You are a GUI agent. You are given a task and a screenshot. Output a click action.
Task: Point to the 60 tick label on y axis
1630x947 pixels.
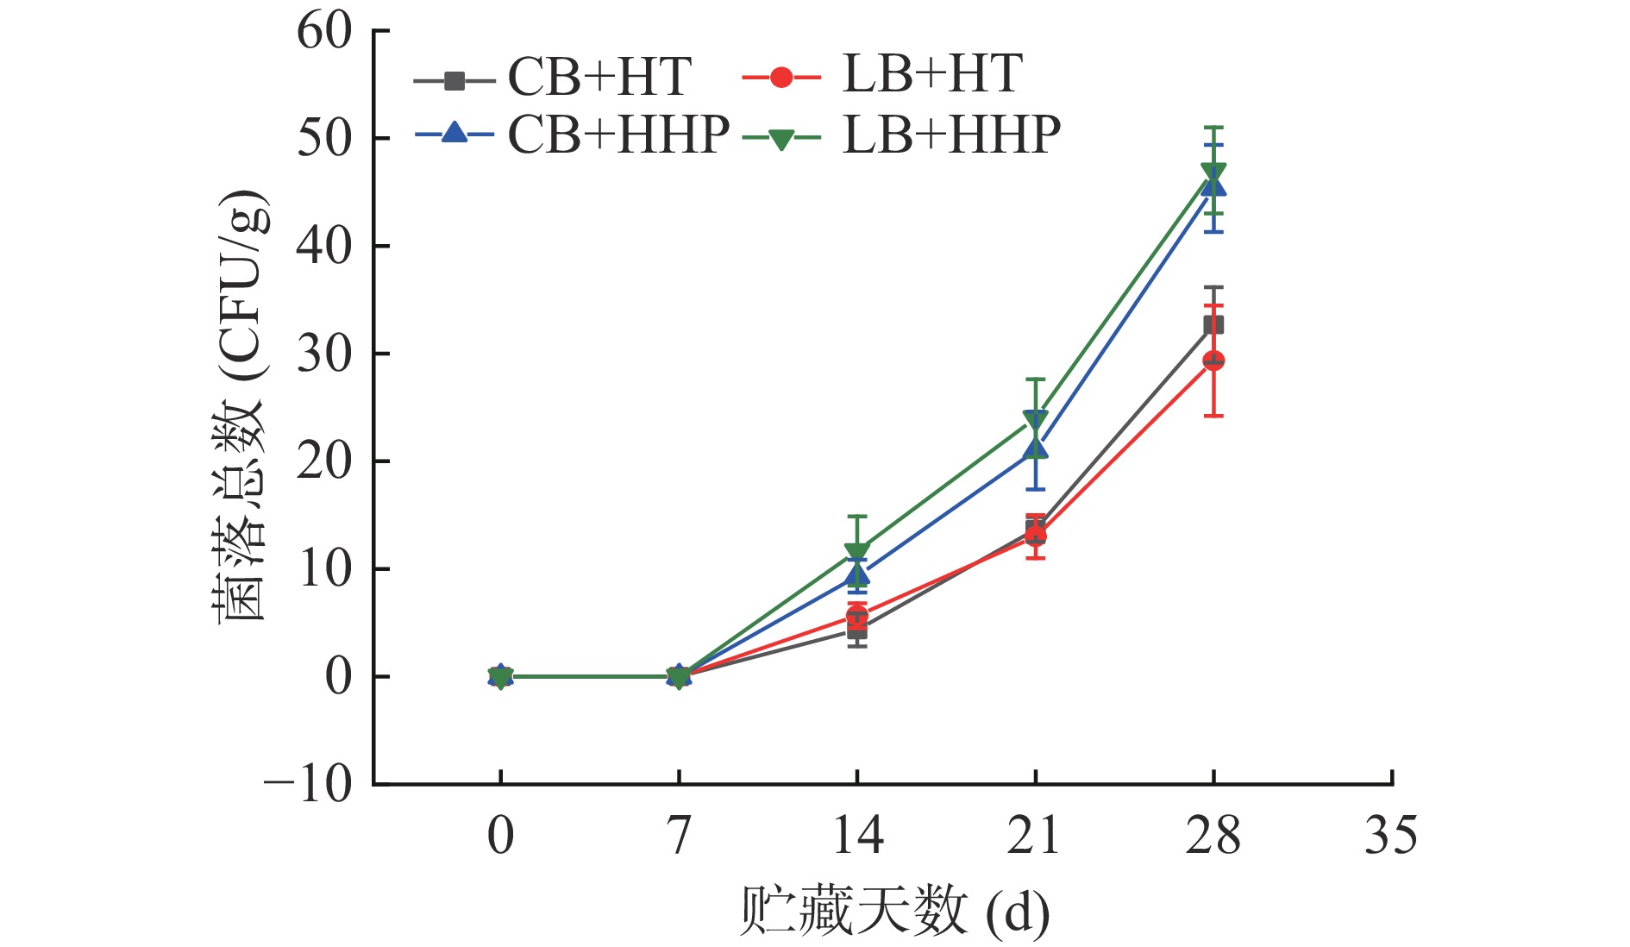click(324, 32)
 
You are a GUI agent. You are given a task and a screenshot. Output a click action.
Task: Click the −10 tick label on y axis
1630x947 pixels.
click(309, 786)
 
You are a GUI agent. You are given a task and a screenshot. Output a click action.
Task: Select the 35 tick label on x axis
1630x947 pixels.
click(1390, 836)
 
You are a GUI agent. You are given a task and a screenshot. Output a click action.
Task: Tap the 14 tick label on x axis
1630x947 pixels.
click(857, 836)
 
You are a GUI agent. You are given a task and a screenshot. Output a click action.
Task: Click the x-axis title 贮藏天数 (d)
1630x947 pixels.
click(894, 911)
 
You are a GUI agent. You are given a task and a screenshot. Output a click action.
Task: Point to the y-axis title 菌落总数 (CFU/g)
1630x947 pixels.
click(241, 405)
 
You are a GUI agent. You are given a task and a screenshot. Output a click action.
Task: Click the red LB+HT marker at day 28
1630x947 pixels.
click(1213, 361)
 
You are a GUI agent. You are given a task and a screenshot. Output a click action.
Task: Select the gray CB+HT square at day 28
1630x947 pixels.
click(1213, 325)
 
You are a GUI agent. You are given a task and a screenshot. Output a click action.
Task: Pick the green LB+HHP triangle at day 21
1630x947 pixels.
click(1035, 420)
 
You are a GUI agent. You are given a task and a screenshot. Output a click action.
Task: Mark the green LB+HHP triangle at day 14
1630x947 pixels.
click(857, 552)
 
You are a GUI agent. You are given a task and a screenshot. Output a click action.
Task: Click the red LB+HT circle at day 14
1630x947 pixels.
click(857, 615)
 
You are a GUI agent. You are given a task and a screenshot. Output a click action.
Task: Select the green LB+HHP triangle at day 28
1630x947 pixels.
click(1213, 171)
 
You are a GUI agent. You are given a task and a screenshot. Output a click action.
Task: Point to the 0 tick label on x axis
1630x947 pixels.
click(500, 836)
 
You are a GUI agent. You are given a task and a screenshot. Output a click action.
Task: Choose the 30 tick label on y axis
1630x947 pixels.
click(324, 354)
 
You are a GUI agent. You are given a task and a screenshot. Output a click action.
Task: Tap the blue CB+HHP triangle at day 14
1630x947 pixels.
click(857, 574)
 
